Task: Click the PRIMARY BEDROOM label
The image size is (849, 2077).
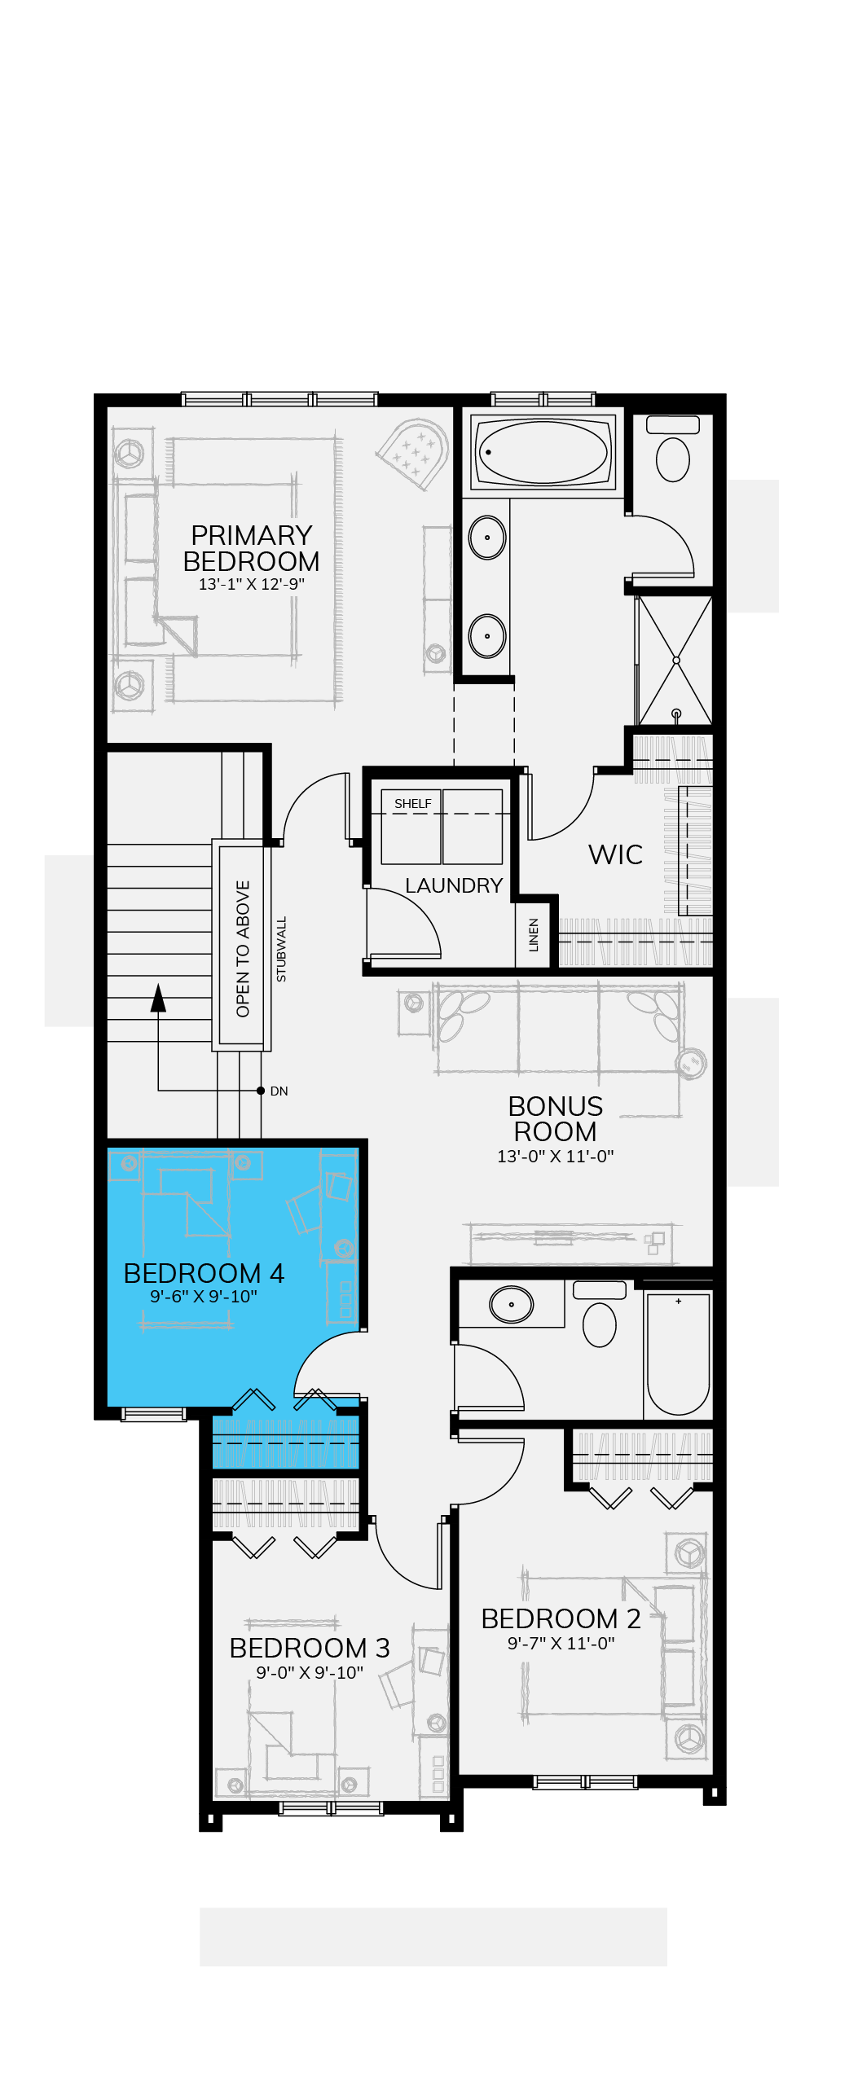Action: [251, 548]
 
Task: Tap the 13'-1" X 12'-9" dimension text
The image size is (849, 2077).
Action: [251, 584]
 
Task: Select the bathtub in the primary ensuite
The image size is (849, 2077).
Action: [543, 452]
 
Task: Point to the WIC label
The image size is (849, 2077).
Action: [615, 854]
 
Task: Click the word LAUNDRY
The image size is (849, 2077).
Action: [454, 885]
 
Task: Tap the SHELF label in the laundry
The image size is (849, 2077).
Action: [413, 804]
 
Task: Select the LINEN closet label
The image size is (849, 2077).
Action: [534, 935]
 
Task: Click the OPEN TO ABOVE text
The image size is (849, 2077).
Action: [243, 949]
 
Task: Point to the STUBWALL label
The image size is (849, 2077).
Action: [281, 949]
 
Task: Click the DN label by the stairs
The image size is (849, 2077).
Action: [279, 1091]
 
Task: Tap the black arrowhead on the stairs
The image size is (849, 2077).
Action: [158, 998]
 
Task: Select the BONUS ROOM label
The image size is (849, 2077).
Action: [556, 1119]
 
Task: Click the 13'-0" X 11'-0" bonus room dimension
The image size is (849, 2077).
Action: [556, 1156]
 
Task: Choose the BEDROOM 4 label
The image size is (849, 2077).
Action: [204, 1273]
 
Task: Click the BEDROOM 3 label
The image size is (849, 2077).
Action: [310, 1648]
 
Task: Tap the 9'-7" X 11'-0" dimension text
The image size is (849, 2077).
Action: [561, 1643]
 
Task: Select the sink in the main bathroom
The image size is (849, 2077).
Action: [512, 1304]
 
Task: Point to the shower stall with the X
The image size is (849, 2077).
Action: [675, 661]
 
